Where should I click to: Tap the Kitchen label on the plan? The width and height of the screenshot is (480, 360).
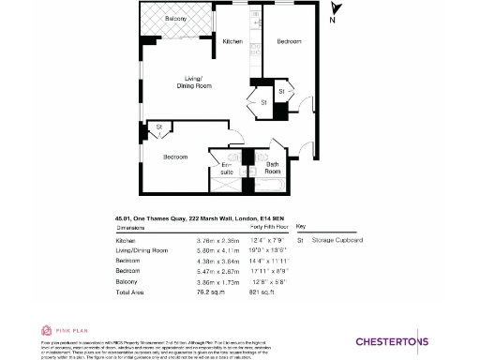pyautogui.click(x=232, y=41)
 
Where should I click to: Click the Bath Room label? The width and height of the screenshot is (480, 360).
pyautogui.click(x=272, y=169)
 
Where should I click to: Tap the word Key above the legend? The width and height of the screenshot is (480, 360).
pyautogui.click(x=300, y=227)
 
